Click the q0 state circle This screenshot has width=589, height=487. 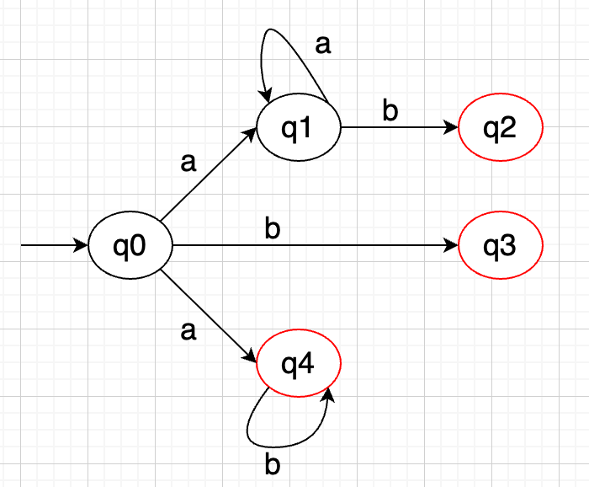tap(130, 246)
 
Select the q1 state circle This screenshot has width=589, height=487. tap(299, 128)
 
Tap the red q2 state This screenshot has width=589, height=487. tap(501, 128)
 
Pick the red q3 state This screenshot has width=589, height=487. tap(501, 246)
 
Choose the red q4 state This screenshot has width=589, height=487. tap(299, 364)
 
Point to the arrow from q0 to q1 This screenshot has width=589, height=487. tap(209, 174)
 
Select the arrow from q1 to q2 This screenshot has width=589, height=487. tap(400, 128)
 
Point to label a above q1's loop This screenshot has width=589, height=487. tap(322, 45)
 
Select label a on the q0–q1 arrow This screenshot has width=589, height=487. tap(188, 163)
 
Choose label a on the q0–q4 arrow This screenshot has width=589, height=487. tap(188, 331)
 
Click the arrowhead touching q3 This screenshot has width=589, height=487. tap(453, 246)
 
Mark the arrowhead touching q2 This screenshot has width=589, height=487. tap(453, 128)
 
